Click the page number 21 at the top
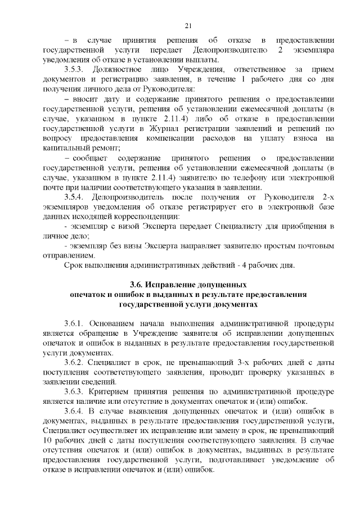point(188,25)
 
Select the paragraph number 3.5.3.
point(74,70)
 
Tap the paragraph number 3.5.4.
point(74,197)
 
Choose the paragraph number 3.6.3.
point(74,391)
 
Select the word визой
point(128,226)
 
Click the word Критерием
point(115,391)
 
